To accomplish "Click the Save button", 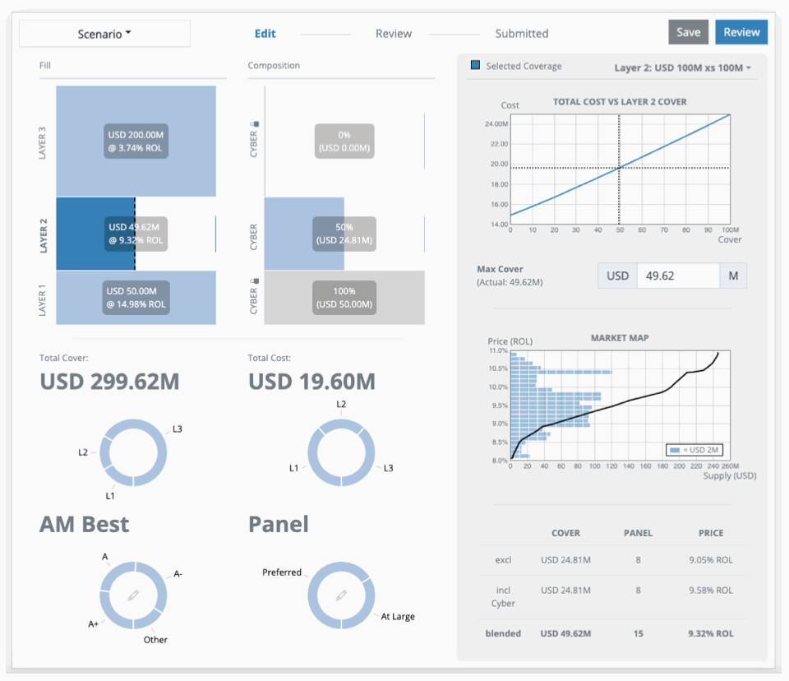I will [688, 32].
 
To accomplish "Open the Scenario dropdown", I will [104, 34].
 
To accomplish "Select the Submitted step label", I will [521, 34].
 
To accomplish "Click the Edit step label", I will [265, 34].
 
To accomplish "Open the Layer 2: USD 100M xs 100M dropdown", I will [683, 67].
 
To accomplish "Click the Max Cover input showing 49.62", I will [677, 276].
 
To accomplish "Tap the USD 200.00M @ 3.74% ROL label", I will [136, 141].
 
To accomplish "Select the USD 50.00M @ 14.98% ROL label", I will [136, 297].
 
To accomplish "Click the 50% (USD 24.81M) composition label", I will [344, 234].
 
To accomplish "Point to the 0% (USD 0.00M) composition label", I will [344, 141].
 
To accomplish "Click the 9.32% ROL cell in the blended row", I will [710, 634].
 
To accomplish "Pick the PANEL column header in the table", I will [638, 533].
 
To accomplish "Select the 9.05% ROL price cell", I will [710, 560].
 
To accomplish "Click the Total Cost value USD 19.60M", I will [311, 382].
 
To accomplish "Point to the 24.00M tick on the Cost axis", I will [495, 124].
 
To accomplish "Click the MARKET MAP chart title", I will [619, 338].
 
